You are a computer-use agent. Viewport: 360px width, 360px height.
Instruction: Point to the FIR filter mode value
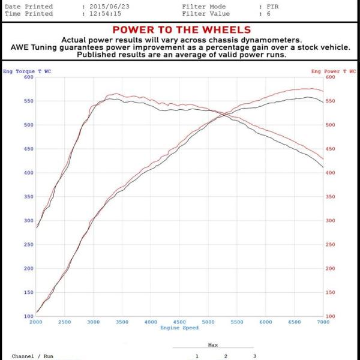(x=273, y=7)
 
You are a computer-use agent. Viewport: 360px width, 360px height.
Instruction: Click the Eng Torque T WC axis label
(x=27, y=71)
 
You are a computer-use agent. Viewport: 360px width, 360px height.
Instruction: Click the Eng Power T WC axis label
(x=334, y=71)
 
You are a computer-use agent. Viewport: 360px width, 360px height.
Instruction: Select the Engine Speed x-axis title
(x=179, y=328)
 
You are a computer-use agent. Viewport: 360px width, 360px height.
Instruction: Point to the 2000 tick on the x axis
(x=36, y=323)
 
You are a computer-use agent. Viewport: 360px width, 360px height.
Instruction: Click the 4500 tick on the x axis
(x=179, y=323)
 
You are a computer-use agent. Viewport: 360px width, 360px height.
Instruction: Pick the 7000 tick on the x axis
(x=323, y=323)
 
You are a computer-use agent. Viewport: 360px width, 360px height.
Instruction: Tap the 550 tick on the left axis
(x=29, y=101)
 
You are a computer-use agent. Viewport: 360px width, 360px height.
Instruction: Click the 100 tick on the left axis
(x=29, y=316)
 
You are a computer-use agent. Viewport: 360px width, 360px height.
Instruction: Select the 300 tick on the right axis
(x=330, y=221)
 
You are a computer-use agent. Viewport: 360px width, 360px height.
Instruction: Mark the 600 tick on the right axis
(x=330, y=77)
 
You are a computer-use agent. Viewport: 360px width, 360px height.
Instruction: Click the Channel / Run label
(x=32, y=356)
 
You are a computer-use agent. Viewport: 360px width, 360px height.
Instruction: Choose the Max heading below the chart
(x=212, y=344)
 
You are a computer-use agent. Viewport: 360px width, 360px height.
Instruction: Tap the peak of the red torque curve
(x=115, y=94)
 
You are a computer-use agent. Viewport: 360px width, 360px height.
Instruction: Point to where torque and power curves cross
(x=223, y=114)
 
